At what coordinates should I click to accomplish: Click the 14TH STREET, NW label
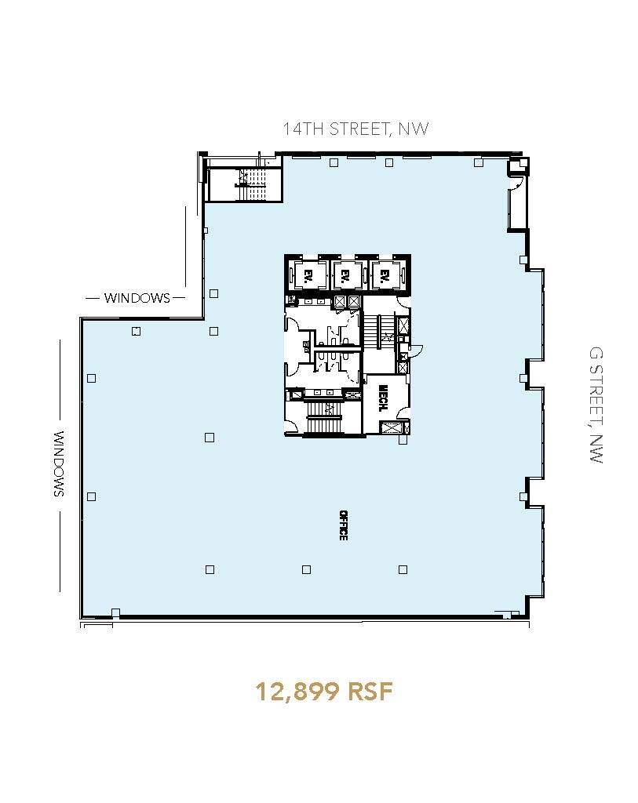[356, 129]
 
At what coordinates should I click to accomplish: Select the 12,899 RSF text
[323, 692]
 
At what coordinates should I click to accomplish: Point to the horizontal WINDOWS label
[137, 298]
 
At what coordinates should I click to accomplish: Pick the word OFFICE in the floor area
[343, 525]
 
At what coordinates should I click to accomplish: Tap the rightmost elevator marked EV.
[385, 275]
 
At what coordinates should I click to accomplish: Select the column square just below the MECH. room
[403, 440]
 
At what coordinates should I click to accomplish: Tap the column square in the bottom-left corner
[115, 612]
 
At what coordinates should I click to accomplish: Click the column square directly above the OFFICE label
[306, 569]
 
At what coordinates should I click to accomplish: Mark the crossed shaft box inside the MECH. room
[389, 427]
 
